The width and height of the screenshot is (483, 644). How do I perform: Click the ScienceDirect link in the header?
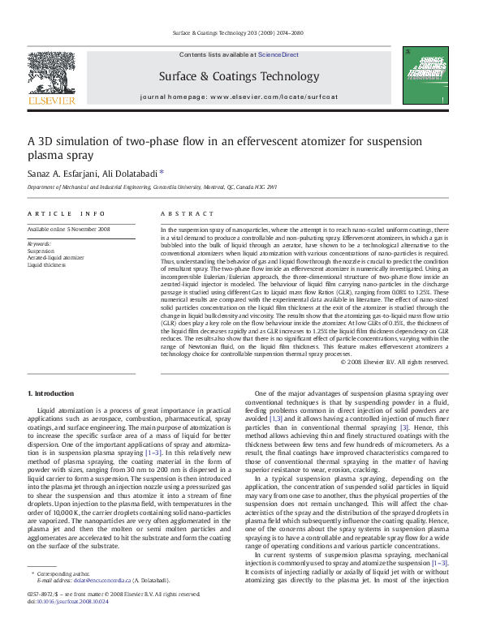[278, 55]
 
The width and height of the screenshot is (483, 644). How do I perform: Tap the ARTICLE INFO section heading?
[66, 213]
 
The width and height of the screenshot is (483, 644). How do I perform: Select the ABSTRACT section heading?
[182, 213]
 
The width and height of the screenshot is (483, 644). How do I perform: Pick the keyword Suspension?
[41, 251]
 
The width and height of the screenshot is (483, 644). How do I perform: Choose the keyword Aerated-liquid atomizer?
[55, 258]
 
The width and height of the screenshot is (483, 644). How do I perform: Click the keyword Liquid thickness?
[47, 264]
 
